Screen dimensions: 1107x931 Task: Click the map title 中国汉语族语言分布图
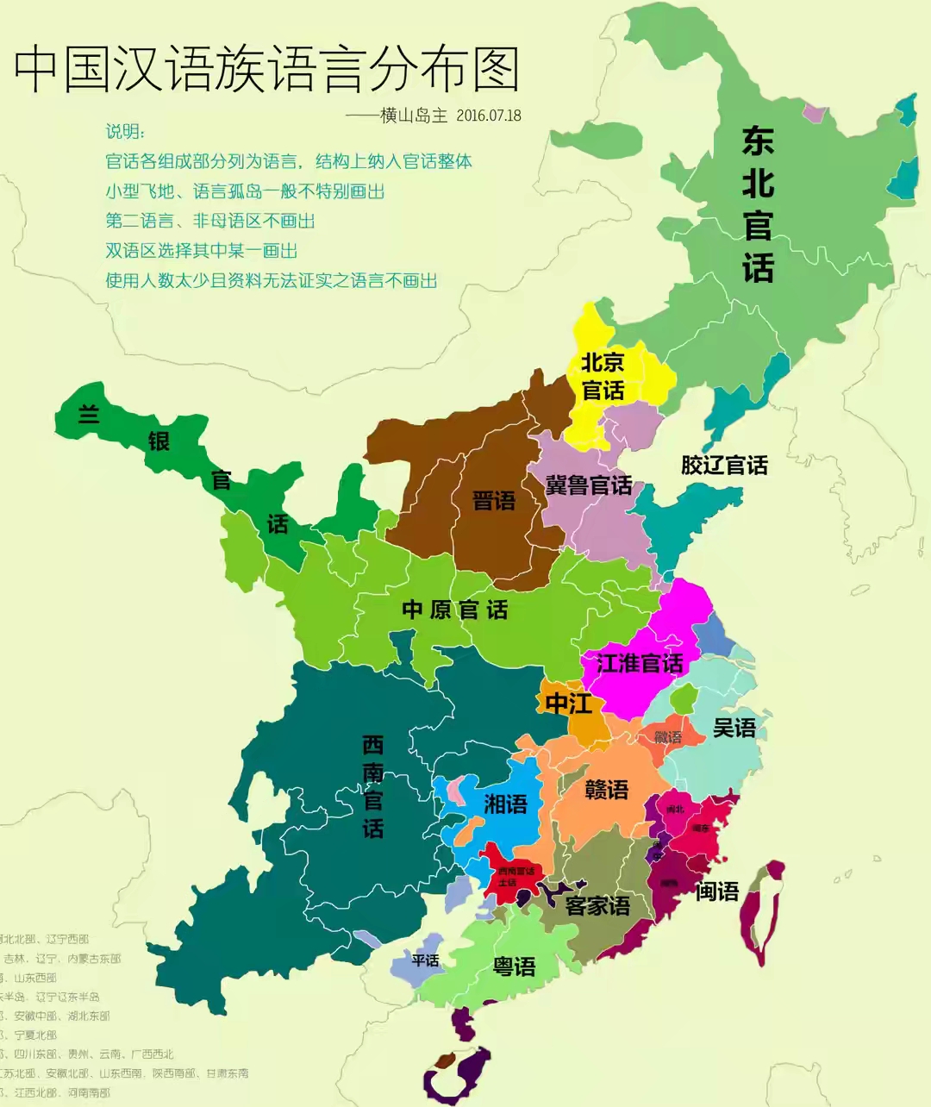click(x=267, y=69)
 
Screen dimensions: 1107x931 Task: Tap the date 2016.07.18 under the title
click(x=489, y=116)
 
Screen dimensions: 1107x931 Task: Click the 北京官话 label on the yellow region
click(x=603, y=376)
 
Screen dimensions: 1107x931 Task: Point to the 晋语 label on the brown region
click(x=494, y=501)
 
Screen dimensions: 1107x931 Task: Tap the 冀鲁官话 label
click(x=589, y=485)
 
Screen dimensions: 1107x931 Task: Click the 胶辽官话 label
click(x=724, y=466)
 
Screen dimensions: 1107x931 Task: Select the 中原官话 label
click(x=455, y=610)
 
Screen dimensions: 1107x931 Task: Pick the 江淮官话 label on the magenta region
click(x=640, y=663)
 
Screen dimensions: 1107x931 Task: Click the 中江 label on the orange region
click(x=568, y=704)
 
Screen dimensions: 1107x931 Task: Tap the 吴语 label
click(x=734, y=729)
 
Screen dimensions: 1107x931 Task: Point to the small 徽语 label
click(x=667, y=737)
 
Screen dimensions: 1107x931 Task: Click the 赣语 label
click(x=607, y=790)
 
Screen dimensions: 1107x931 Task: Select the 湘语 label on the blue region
click(x=505, y=804)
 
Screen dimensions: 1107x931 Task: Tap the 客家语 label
click(x=597, y=906)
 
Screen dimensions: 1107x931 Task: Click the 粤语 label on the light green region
click(x=514, y=967)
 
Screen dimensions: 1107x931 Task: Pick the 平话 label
click(x=425, y=960)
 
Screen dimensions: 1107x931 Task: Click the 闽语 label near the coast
click(x=717, y=891)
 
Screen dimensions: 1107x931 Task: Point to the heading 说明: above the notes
click(x=126, y=131)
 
